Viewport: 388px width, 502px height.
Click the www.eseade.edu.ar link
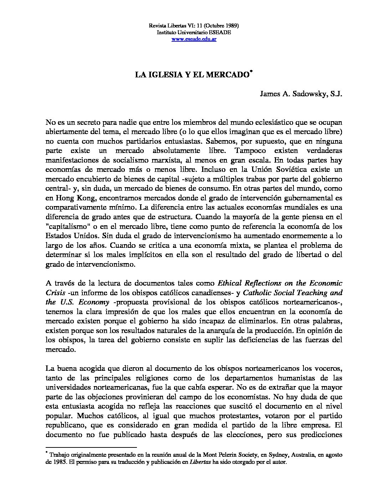(194, 39)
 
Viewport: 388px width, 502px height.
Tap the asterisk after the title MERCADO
(251, 72)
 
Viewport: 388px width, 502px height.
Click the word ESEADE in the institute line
(220, 32)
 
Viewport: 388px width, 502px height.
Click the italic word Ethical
(229, 283)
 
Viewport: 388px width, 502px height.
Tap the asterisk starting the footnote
(47, 453)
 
